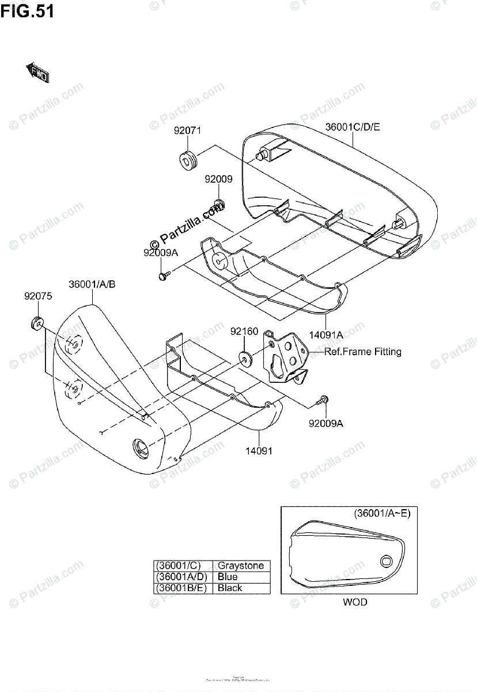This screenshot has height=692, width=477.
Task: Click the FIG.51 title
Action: [27, 11]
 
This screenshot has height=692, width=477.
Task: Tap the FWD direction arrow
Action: [37, 73]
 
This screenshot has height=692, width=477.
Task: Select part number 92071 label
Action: [188, 130]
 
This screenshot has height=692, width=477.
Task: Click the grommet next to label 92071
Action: [188, 159]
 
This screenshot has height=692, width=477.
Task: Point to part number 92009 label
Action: [218, 179]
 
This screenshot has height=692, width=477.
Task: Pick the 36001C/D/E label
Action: [353, 127]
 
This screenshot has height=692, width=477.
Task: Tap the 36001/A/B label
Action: [92, 284]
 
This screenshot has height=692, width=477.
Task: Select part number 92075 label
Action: [38, 296]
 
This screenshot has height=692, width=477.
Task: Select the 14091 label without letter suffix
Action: [259, 451]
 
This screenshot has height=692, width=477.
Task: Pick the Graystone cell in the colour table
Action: [240, 566]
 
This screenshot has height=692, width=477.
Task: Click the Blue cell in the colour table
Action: [228, 577]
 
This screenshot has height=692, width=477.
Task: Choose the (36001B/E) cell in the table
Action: [181, 588]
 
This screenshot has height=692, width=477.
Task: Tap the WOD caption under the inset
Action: [355, 602]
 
